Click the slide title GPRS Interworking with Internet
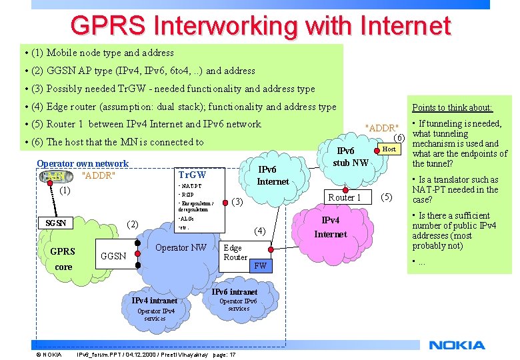261,26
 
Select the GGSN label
114,256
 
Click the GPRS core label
63,259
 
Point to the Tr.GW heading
192,175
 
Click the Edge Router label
235,253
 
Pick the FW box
261,266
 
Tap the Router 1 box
345,197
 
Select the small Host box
389,149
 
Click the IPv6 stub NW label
351,157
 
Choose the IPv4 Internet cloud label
331,227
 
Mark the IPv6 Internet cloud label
273,175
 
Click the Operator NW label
181,248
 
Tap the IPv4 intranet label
154,300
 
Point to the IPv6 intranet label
234,292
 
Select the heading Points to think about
452,107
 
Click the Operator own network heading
83,163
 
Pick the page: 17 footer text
224,354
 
